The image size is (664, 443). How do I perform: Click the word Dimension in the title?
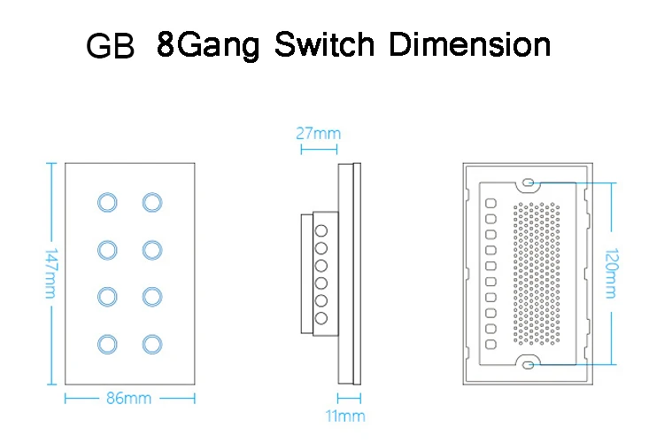(x=469, y=44)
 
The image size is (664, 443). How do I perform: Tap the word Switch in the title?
(x=325, y=44)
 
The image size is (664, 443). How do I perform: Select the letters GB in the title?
(x=110, y=45)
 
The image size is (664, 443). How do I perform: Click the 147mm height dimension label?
(x=51, y=274)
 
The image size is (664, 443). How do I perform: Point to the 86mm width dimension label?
(x=128, y=399)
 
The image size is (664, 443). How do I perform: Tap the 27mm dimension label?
(x=319, y=134)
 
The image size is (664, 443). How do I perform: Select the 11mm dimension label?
(x=345, y=416)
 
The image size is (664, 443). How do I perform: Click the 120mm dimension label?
(x=611, y=274)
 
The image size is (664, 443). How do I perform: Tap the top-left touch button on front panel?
(x=107, y=202)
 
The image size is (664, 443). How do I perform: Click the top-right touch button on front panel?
(x=152, y=202)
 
